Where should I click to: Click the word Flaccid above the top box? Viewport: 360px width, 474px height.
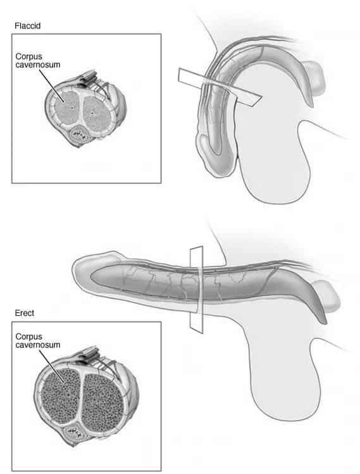27,26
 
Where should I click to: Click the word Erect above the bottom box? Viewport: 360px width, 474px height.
25,313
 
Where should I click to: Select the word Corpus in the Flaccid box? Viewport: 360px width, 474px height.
28,56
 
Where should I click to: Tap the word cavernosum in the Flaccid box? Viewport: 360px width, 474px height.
38,65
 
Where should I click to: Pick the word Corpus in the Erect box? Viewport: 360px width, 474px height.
28,337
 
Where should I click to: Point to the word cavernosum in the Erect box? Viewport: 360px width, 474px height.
38,345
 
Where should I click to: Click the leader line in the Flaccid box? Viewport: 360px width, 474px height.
51,86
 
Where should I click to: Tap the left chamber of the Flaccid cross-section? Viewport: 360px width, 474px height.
66,108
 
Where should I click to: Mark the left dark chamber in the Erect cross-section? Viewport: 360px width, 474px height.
61,396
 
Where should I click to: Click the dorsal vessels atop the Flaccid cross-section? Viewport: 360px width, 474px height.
89,78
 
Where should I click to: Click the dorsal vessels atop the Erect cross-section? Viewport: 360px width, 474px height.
90,356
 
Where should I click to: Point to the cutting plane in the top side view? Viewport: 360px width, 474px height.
220,87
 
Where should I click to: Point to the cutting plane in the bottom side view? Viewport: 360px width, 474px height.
197,290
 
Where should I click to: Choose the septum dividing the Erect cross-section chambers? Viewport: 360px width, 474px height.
82,399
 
